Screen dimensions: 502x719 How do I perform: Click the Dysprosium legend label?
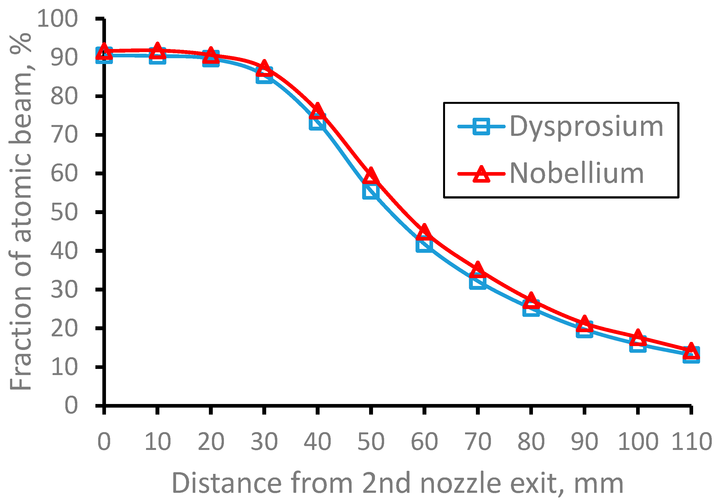coord(586,127)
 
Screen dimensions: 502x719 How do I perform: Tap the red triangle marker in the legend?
coord(481,174)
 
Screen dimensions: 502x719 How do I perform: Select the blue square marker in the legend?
coord(481,126)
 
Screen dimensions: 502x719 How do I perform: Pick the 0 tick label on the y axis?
coord(71,405)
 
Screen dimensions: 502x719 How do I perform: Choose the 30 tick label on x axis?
coord(264,442)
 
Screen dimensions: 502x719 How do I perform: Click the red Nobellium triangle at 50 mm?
coord(371,176)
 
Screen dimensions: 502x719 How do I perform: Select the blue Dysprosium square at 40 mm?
coord(318,122)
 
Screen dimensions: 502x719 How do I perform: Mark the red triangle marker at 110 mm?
coord(691,351)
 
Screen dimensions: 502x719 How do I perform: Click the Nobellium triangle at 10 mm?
coord(157,50)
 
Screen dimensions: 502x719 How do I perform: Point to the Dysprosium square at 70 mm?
coord(478,281)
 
